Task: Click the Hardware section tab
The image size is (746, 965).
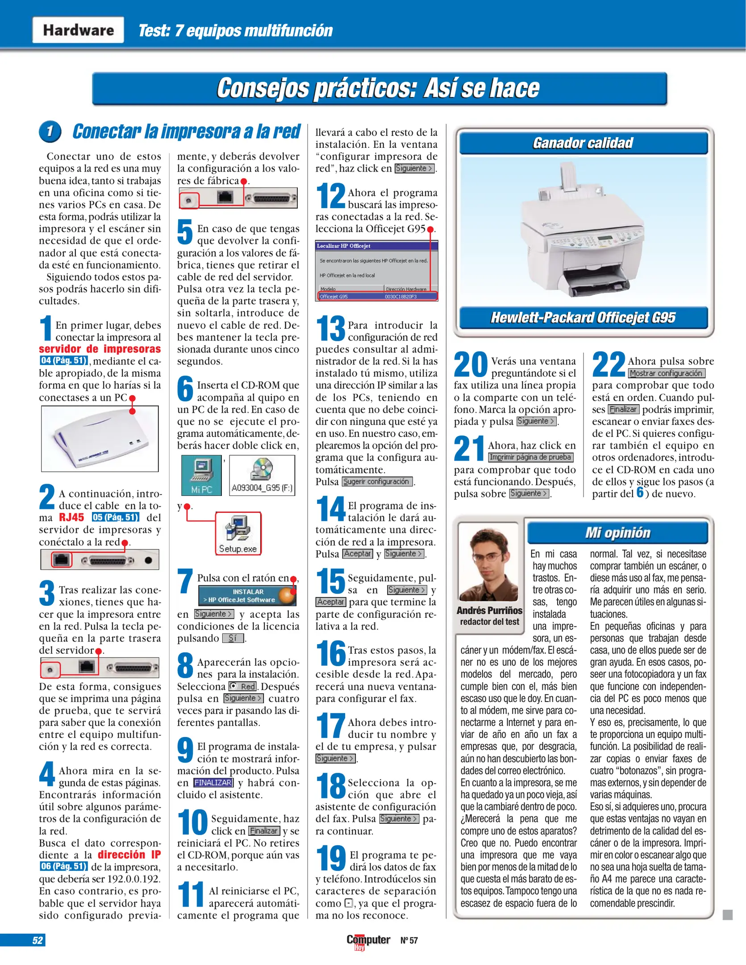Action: [x=78, y=30]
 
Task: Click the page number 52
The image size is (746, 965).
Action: [x=38, y=940]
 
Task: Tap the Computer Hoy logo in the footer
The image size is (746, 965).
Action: [x=368, y=941]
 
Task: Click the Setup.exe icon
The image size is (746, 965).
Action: [x=238, y=533]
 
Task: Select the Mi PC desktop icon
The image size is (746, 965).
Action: [x=201, y=475]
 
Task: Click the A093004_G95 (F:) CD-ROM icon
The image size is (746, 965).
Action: [x=262, y=475]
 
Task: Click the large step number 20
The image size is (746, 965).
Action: [x=471, y=365]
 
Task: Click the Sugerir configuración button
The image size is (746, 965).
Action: [x=377, y=482]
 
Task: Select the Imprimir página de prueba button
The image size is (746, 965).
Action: [x=530, y=457]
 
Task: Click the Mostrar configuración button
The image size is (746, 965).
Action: [x=666, y=373]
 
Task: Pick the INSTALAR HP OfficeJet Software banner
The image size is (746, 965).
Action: [x=247, y=596]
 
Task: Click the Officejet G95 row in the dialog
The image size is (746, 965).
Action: [x=377, y=296]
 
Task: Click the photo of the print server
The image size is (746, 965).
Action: [x=100, y=439]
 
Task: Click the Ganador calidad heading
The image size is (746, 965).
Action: [x=583, y=143]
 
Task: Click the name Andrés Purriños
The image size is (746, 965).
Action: [x=489, y=610]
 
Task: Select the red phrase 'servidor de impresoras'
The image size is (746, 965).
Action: [x=100, y=349]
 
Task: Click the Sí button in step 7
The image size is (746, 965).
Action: [x=233, y=638]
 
